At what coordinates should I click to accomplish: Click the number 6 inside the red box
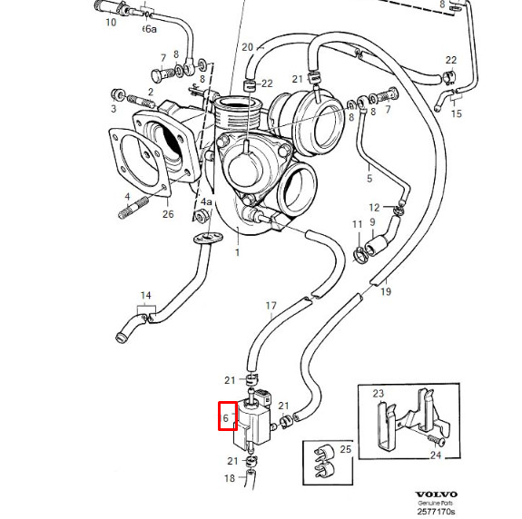(226, 418)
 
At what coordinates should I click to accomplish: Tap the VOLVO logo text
(436, 495)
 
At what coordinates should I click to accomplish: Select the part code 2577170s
(436, 511)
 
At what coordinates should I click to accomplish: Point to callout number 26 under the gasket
(168, 214)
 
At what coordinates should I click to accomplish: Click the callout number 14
(146, 296)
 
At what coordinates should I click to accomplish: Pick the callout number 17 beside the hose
(271, 306)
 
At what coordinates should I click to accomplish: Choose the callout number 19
(386, 292)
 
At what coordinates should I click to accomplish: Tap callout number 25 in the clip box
(346, 449)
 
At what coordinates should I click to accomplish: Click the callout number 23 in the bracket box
(379, 394)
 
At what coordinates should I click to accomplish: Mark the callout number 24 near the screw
(436, 455)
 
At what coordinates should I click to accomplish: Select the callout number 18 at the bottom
(230, 478)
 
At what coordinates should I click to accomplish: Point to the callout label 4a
(206, 201)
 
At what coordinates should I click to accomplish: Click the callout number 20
(247, 47)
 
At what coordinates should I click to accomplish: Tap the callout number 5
(369, 179)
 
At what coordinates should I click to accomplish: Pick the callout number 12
(374, 208)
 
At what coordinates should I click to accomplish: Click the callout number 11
(357, 225)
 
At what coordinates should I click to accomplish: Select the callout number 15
(457, 113)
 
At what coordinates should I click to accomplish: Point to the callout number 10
(111, 23)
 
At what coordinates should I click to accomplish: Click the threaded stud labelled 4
(133, 208)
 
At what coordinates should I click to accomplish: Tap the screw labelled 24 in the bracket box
(437, 440)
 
